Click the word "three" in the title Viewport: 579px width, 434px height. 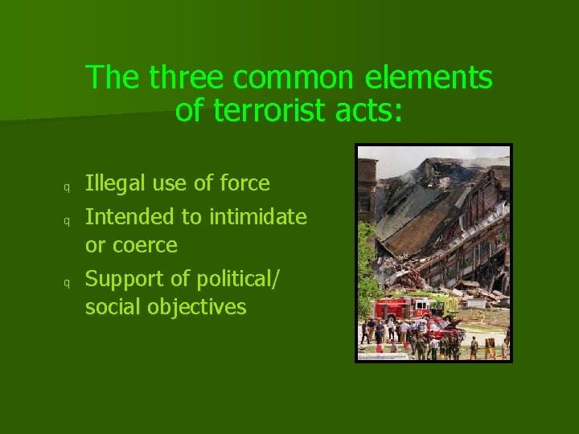pyautogui.click(x=187, y=78)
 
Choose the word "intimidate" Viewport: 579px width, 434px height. pyautogui.click(x=258, y=216)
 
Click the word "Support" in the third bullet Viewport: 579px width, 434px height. pyautogui.click(x=121, y=278)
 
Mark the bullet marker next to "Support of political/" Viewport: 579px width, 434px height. pyautogui.click(x=68, y=282)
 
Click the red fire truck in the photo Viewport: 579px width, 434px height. pyautogui.click(x=394, y=309)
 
